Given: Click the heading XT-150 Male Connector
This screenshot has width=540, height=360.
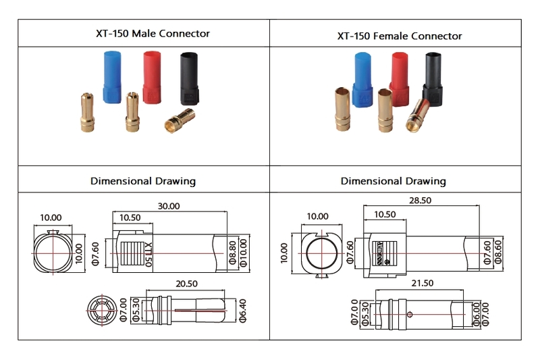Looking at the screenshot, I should [x=144, y=33].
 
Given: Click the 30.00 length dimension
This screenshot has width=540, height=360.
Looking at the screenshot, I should [x=169, y=206].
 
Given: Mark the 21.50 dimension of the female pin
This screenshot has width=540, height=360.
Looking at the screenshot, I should [x=422, y=284].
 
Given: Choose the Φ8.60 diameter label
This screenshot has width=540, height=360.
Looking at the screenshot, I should [x=499, y=252].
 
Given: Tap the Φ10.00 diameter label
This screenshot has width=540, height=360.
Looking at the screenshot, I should [x=244, y=251].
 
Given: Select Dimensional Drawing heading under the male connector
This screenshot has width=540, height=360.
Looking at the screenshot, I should [x=143, y=181].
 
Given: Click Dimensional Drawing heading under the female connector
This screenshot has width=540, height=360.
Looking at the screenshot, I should [x=393, y=181].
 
